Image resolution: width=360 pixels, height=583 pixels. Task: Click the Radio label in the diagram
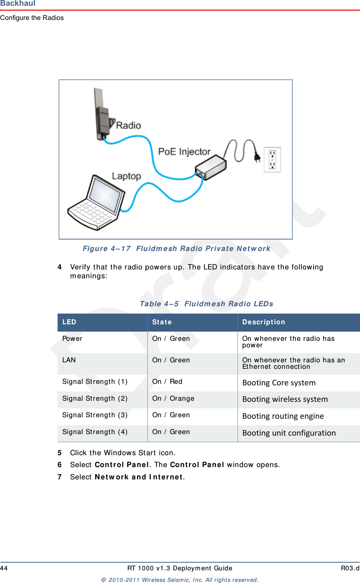click(x=128, y=126)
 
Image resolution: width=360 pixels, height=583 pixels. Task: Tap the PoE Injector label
click(x=184, y=152)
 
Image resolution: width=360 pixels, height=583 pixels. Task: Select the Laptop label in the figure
click(x=126, y=176)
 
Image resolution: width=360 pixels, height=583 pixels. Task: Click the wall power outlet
click(x=272, y=160)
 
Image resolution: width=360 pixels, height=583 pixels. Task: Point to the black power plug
click(x=258, y=157)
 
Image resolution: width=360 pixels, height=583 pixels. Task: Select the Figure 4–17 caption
click(x=176, y=249)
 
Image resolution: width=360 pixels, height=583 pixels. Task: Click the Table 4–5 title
click(x=206, y=304)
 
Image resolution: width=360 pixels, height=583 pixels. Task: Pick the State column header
click(x=162, y=322)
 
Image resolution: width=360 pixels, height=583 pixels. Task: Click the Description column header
click(x=263, y=322)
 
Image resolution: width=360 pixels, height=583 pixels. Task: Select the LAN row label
click(x=69, y=360)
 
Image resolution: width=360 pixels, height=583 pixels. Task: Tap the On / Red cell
click(x=167, y=382)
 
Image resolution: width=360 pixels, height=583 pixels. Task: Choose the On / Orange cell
click(x=173, y=398)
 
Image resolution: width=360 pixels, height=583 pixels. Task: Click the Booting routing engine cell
click(x=283, y=416)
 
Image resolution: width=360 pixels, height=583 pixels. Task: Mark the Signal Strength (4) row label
click(x=95, y=432)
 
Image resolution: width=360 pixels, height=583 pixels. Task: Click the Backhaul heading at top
click(x=18, y=3)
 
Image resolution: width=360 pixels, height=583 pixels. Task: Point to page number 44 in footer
click(x=4, y=568)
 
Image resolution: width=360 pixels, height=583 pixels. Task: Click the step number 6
click(x=59, y=465)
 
